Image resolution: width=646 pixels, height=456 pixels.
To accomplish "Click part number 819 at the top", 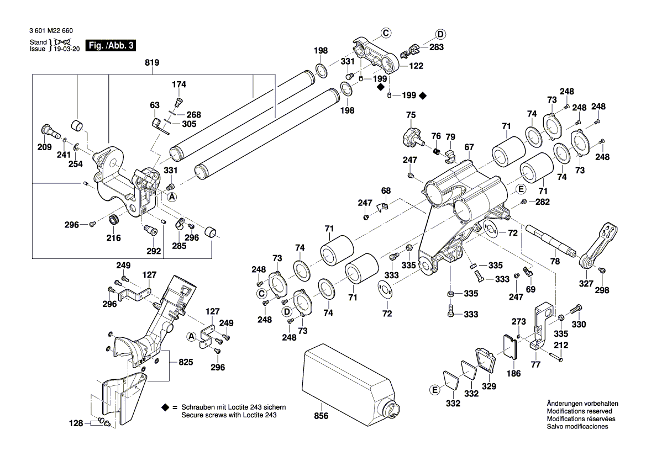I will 152,63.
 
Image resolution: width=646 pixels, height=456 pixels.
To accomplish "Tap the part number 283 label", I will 437,47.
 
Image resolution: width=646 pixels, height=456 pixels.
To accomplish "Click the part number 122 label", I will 416,66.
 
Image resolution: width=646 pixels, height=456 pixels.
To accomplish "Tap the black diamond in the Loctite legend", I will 165,407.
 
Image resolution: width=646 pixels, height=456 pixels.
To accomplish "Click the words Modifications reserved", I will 579,411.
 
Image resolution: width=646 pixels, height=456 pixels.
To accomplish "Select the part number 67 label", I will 469,147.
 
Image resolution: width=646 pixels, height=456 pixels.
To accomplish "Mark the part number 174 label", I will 179,84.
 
